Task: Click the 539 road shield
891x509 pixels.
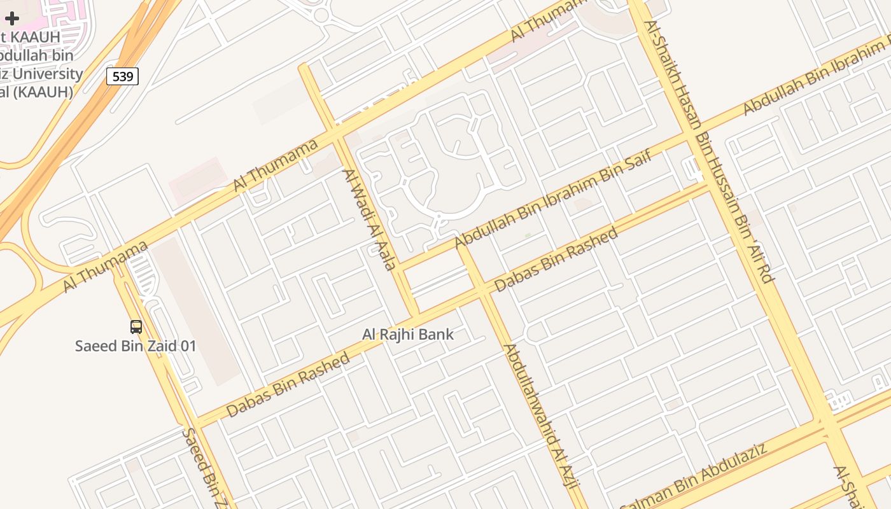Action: (122, 77)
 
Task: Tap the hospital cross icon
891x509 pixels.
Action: (12, 18)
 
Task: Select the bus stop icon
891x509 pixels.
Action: (136, 327)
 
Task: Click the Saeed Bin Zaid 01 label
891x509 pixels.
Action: (136, 346)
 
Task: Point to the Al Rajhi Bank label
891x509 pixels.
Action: (408, 334)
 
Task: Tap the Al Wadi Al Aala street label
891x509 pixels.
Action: (370, 219)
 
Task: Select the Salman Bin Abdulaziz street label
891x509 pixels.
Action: (694, 477)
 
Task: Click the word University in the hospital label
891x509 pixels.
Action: (48, 74)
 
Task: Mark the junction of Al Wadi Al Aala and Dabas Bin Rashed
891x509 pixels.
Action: (414, 316)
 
